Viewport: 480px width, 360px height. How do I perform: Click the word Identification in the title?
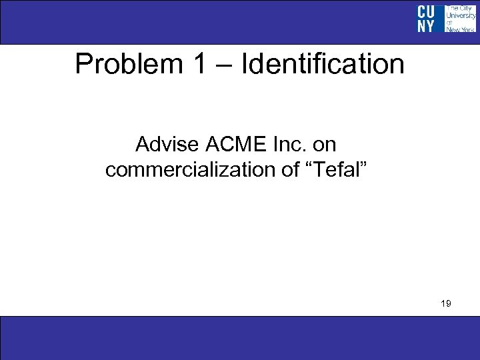click(323, 65)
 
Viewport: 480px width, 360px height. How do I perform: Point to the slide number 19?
click(446, 303)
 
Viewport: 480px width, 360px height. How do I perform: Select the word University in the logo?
click(460, 15)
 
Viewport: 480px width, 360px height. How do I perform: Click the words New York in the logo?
click(460, 29)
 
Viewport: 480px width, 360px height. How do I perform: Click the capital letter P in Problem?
click(83, 65)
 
